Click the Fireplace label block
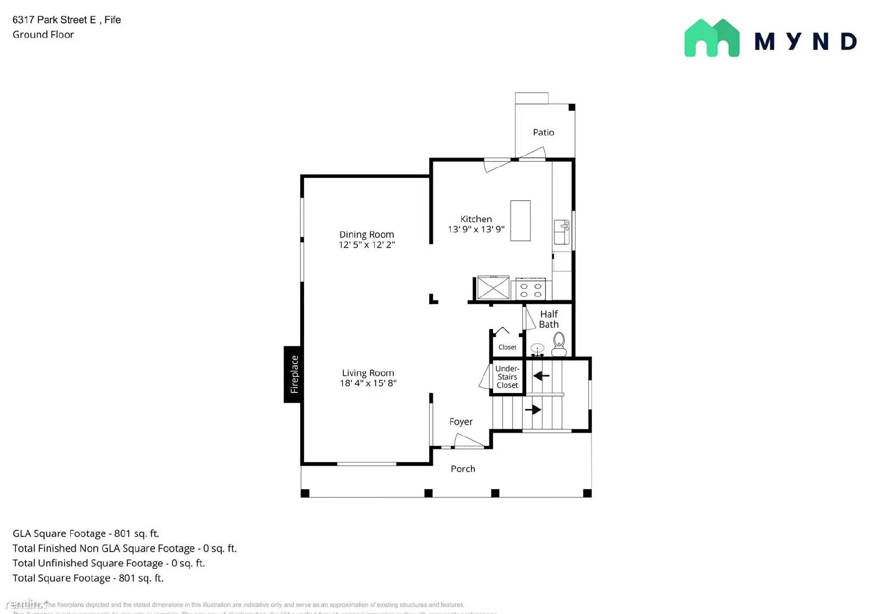[293, 374]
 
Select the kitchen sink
[561, 232]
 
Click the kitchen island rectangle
[520, 220]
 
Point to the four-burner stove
[531, 289]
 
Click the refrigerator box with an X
[493, 288]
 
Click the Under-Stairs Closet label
[507, 377]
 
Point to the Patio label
[543, 132]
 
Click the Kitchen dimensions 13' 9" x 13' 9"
[476, 229]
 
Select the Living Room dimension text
[368, 383]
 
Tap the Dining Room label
[367, 235]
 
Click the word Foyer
[461, 422]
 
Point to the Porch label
[463, 469]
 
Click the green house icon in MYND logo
[711, 38]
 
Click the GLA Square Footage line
[86, 534]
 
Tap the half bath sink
[537, 349]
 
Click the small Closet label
[507, 347]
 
